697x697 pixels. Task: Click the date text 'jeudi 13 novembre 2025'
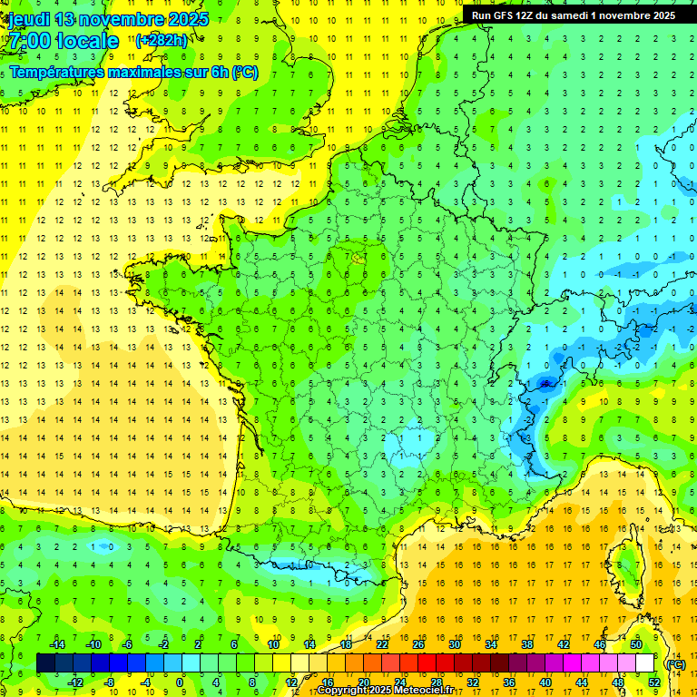click(107, 19)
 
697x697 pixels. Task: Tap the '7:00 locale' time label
click(63, 41)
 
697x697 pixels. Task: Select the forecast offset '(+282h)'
click(162, 40)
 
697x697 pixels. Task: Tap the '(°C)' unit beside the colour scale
click(675, 663)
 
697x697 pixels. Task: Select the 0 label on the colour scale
click(181, 682)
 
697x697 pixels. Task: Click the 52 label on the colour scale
click(653, 682)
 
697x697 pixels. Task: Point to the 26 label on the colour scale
click(418, 644)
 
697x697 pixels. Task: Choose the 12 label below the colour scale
click(290, 682)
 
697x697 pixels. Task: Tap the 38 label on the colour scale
click(527, 644)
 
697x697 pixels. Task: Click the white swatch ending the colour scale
click(645, 663)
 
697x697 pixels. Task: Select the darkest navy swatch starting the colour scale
click(45, 663)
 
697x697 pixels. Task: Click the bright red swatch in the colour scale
click(427, 663)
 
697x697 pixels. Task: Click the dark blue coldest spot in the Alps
click(545, 384)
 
